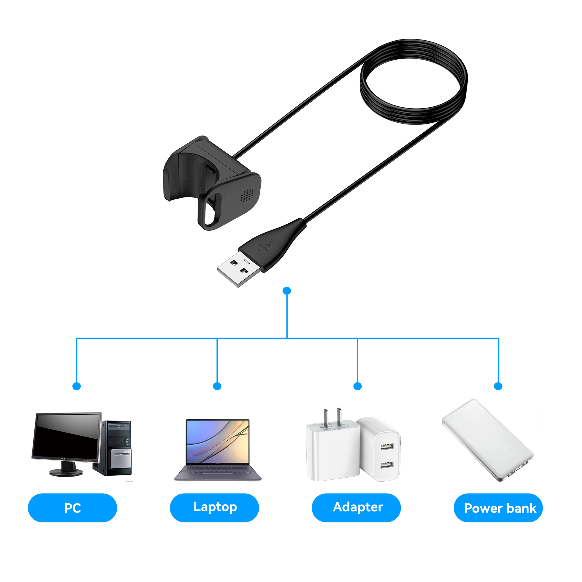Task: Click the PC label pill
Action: click(72, 508)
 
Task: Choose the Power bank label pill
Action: click(498, 508)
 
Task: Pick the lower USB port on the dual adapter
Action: click(386, 465)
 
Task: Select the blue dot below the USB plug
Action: click(287, 290)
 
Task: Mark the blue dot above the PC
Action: click(77, 386)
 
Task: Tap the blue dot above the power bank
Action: click(498, 386)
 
